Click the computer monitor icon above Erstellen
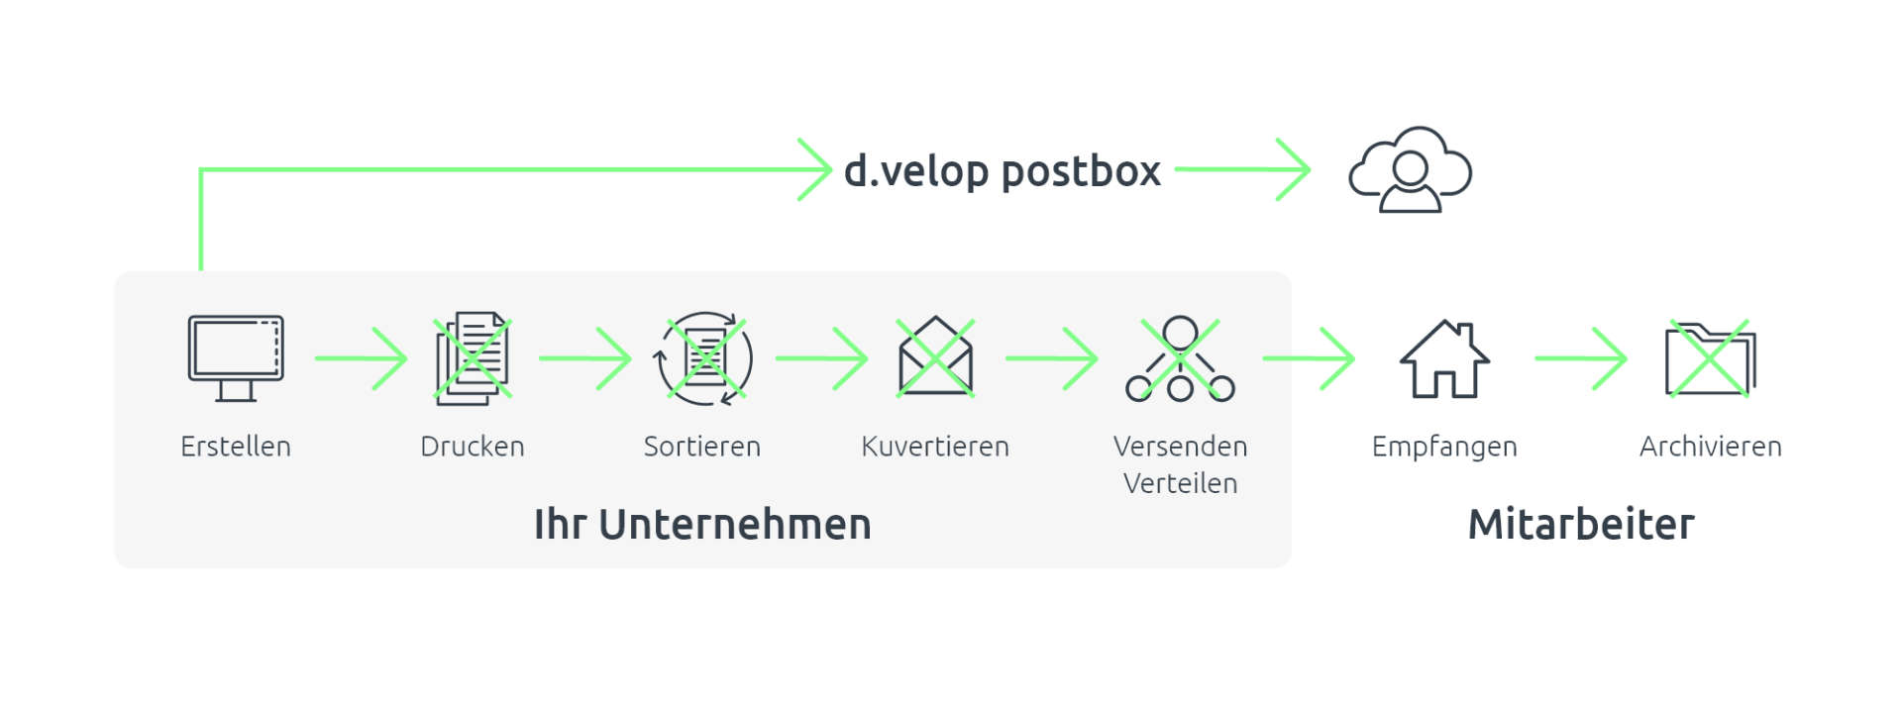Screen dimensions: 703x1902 236,357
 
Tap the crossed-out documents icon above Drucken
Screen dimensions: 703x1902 473,358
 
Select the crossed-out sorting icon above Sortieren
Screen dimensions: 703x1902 703,358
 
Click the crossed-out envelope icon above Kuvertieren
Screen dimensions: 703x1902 935,357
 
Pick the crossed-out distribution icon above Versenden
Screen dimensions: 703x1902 1180,358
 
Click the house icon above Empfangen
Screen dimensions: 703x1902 1444,358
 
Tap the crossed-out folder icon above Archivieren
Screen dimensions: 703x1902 1710,358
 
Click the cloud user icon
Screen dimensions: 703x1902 1410,170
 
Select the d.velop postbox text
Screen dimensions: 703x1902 1002,171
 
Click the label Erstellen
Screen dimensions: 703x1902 236,447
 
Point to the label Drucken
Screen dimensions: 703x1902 473,447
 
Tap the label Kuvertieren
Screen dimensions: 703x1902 935,447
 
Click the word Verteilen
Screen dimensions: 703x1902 1180,483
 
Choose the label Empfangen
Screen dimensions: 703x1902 1444,448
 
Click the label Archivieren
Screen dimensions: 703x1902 1710,447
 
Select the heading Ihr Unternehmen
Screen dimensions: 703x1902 702,525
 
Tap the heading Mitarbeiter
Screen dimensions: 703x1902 1581,525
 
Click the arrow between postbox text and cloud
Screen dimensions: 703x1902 1244,169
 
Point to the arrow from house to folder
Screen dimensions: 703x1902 1580,358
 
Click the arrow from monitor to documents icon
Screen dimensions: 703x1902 361,358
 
